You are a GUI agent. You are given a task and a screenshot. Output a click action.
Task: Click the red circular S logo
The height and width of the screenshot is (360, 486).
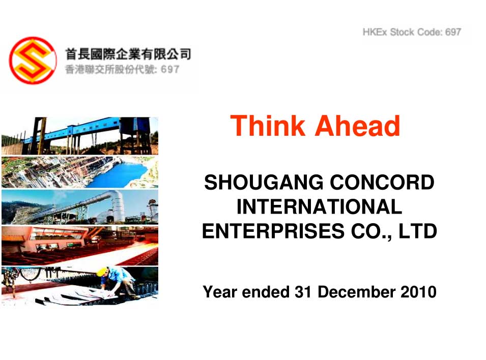[33, 61]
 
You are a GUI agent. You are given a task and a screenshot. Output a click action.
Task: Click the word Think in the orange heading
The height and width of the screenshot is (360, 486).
[267, 126]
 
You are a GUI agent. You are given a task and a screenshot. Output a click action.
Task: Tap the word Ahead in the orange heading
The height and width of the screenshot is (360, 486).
[358, 126]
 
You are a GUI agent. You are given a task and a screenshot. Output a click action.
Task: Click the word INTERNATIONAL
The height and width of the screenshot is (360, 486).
[319, 206]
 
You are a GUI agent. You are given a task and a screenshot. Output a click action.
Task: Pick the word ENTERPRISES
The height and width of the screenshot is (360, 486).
[273, 231]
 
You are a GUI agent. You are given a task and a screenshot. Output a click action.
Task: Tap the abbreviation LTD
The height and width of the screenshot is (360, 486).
[417, 231]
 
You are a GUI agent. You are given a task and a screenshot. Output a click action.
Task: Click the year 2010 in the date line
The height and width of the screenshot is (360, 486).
[418, 292]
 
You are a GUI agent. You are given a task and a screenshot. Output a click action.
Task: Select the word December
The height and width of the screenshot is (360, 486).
[356, 292]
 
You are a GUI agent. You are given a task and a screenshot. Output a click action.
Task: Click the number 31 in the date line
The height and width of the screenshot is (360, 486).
[303, 292]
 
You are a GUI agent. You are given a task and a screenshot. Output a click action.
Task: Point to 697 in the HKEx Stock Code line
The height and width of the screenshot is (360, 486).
[453, 32]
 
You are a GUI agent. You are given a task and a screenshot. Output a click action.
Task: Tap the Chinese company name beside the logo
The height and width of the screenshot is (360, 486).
[128, 54]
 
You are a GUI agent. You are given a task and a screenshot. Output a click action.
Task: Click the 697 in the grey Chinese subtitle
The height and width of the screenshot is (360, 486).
[170, 69]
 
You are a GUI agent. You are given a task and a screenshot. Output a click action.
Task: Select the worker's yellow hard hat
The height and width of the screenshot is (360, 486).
[101, 272]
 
